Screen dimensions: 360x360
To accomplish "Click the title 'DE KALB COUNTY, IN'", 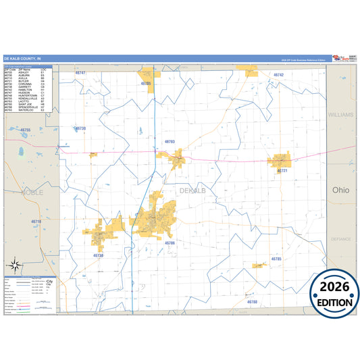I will pos(22,59).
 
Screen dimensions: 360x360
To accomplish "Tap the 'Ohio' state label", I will pos(340,190).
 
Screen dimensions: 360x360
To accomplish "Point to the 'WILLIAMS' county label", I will pos(340,115).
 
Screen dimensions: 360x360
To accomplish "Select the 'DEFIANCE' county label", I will pos(341,239).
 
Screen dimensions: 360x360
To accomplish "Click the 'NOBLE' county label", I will pos(32,192).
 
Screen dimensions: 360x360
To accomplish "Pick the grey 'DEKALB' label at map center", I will pos(192,191).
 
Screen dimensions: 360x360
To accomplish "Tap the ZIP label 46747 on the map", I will pos(80,72).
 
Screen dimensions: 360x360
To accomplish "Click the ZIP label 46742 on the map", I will pos(278,74).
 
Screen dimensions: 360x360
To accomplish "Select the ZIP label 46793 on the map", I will pos(170,142).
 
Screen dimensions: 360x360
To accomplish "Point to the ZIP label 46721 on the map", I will pos(282,171).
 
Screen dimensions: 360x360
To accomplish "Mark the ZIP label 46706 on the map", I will pos(170,242).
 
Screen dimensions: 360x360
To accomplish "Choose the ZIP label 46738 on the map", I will pos(98,256).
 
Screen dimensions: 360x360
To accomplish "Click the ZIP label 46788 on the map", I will pos(252,302).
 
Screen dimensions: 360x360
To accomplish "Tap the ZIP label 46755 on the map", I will pos(26,130).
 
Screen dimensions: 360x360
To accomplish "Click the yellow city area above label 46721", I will pos(280,161).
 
